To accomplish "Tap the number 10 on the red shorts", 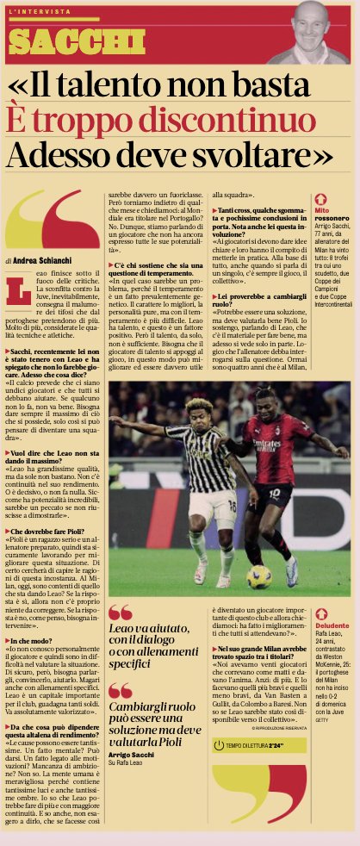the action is tap(280, 495).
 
